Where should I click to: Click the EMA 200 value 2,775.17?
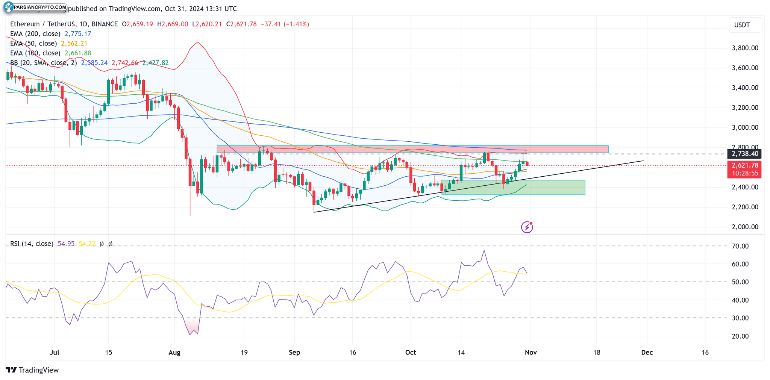[x=78, y=34]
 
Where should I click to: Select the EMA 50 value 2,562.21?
[x=74, y=44]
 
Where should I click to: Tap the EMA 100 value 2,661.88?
[x=78, y=53]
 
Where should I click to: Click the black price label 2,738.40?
[x=744, y=154]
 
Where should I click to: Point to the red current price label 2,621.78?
[x=744, y=165]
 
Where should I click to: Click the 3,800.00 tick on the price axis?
[x=745, y=48]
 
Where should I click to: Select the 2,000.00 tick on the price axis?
[x=745, y=227]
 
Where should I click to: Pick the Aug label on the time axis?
[x=174, y=353]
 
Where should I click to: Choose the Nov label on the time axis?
[x=531, y=353]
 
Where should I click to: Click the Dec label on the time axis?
[x=647, y=353]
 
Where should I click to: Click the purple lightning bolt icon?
[x=527, y=227]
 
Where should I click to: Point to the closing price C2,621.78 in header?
[x=241, y=24]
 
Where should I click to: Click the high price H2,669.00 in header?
[x=173, y=24]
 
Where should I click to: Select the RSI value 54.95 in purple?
[x=66, y=244]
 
